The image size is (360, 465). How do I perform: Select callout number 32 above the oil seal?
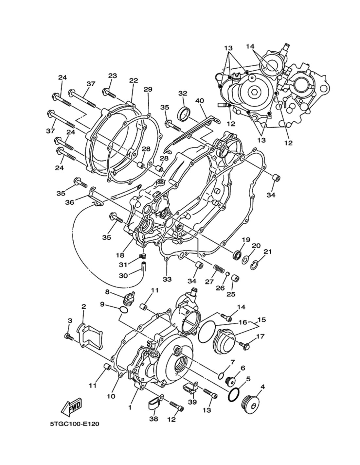point(183,93)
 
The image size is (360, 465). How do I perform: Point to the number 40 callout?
point(199,101)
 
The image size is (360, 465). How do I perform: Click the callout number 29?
point(148,89)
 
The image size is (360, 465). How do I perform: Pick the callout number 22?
point(134,81)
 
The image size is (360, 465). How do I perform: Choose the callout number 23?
point(112,76)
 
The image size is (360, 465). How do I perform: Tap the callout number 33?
point(167,279)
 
